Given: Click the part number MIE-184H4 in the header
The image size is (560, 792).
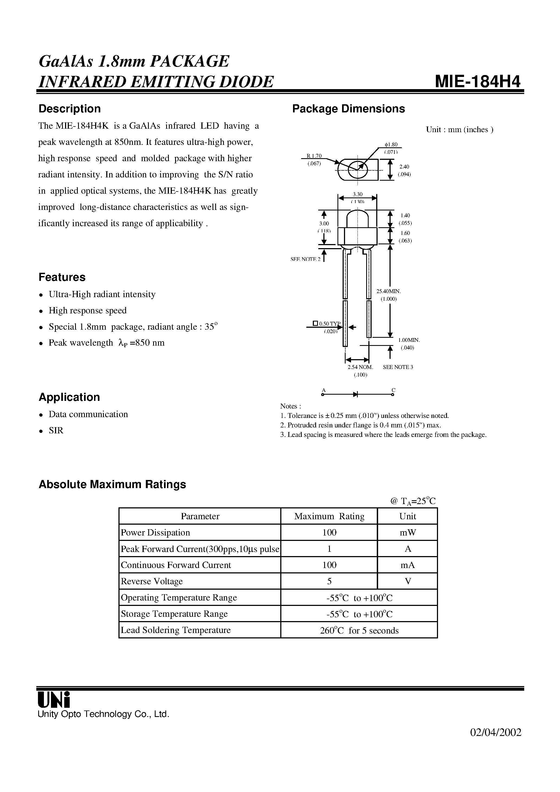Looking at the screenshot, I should point(478,82).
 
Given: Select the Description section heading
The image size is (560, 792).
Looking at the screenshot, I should point(69,109).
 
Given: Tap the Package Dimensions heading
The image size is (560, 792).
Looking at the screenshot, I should point(348,109).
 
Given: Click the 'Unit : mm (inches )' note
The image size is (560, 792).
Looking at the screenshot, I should point(459,130).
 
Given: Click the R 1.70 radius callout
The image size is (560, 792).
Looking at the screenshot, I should point(314,156).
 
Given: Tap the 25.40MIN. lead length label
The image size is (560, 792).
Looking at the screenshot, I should point(388,291).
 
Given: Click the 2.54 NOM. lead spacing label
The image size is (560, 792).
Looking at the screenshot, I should point(360,367).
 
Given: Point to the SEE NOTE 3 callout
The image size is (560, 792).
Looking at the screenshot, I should point(398,367).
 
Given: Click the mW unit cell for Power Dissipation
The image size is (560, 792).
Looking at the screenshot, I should point(408,533).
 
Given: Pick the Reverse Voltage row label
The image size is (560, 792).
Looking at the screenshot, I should point(152,581).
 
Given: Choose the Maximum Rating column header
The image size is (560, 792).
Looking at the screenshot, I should point(329,516).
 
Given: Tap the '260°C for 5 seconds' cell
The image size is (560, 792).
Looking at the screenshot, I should point(359,631).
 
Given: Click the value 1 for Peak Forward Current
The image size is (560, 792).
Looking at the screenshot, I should point(329,549).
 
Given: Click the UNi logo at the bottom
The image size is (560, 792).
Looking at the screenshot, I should point(54,700).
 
